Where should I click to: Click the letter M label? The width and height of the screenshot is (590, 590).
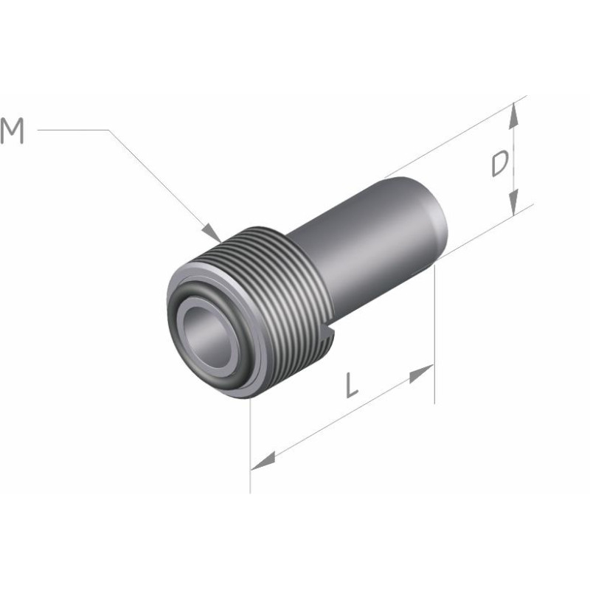pyautogui.click(x=13, y=131)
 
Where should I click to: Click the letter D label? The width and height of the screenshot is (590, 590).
pyautogui.click(x=500, y=165)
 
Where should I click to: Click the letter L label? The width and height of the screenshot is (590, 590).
pyautogui.click(x=353, y=386)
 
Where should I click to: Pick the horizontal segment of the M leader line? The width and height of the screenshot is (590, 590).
pyautogui.click(x=74, y=131)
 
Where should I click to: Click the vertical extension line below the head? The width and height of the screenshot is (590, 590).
pyautogui.click(x=251, y=450)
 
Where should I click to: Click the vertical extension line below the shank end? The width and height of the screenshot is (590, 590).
pyautogui.click(x=434, y=332)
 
